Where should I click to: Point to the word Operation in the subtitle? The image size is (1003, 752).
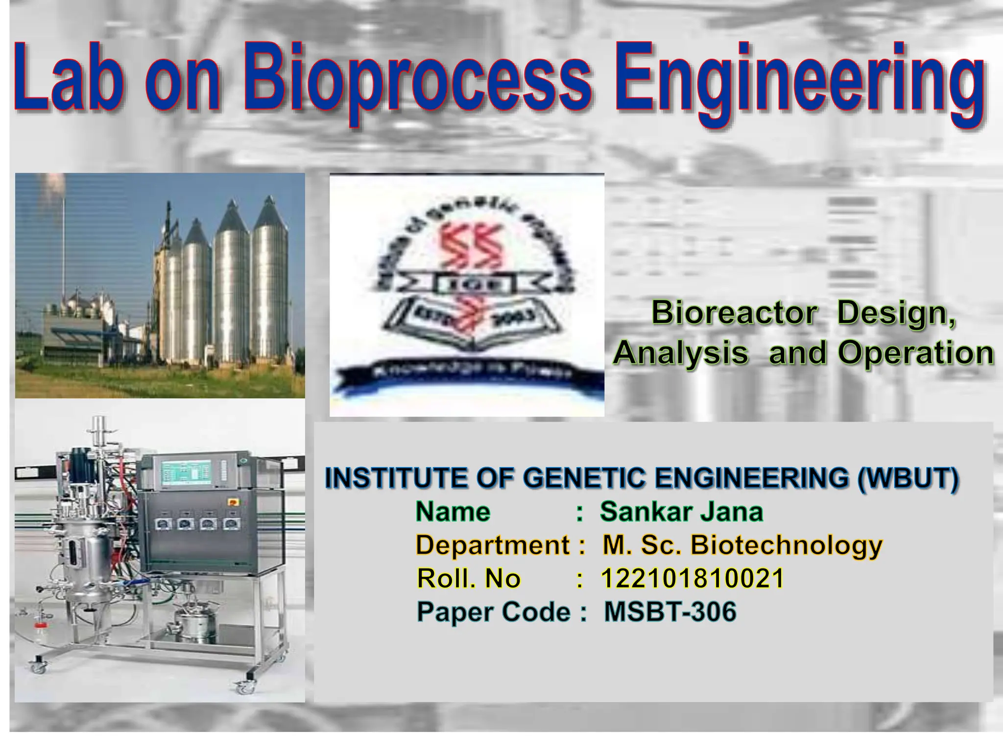click(916, 353)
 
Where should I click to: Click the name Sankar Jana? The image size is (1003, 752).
click(681, 512)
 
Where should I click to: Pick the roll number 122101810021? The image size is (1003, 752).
click(692, 579)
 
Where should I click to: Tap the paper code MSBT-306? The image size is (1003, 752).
click(669, 612)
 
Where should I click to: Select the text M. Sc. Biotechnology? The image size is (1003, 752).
click(742, 545)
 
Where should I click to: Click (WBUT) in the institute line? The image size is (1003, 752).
click(908, 478)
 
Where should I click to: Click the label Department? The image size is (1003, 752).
click(492, 545)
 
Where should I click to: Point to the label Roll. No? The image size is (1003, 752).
click(468, 579)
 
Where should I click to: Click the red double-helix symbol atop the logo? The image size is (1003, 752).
click(473, 245)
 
